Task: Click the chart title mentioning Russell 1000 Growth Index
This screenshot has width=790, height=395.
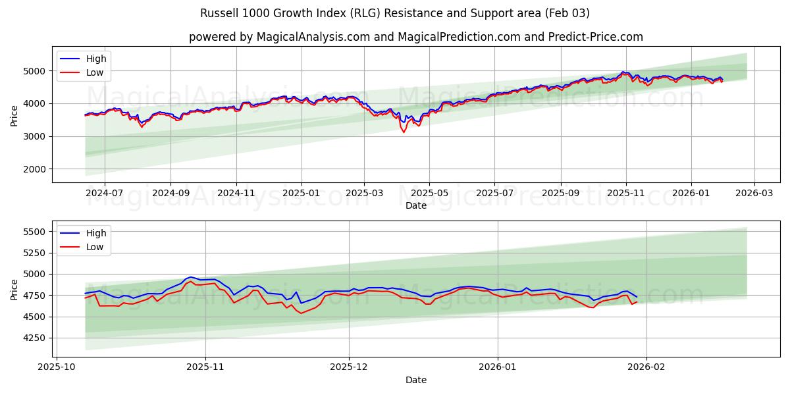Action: coord(395,13)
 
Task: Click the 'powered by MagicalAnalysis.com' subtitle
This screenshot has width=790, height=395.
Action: coord(415,37)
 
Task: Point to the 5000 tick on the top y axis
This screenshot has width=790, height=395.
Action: coord(36,70)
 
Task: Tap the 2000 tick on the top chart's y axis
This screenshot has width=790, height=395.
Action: coord(36,169)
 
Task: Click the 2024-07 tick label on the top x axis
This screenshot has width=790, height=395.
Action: coord(105,194)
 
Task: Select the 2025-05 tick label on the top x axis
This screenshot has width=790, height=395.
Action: coord(429,194)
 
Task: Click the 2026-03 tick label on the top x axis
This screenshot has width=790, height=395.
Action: coord(754,194)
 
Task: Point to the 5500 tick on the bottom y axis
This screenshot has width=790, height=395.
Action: coord(36,232)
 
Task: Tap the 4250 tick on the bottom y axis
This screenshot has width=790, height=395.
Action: coord(36,338)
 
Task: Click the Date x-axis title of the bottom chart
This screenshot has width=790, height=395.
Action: coord(415,380)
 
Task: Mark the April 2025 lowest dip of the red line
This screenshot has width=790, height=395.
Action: coord(404,132)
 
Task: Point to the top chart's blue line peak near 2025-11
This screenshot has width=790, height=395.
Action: coord(622,72)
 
